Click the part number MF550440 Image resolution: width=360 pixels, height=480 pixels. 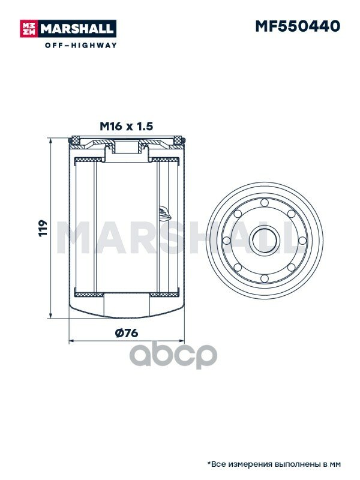(298, 26)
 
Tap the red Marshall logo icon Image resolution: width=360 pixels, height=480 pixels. (28, 28)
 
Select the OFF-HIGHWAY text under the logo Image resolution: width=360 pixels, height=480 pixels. (81, 46)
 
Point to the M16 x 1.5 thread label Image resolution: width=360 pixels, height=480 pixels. (126, 126)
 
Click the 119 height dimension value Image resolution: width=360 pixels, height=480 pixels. (43, 228)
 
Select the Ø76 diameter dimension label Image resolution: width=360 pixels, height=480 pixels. (127, 332)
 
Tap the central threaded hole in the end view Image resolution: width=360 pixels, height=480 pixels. (265, 241)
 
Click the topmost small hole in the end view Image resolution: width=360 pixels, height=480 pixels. (265, 202)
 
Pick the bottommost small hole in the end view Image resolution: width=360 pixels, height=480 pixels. (265, 278)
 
